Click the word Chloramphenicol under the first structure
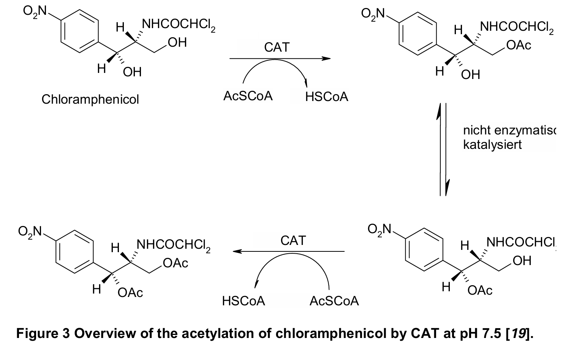click(x=90, y=99)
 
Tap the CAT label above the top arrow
click(x=277, y=47)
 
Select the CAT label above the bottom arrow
click(x=293, y=240)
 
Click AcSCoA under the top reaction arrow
click(x=248, y=96)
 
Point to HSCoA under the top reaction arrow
click(x=326, y=97)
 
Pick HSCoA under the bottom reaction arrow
click(x=243, y=301)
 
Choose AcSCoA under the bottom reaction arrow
click(x=334, y=301)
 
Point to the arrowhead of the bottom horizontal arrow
click(x=237, y=251)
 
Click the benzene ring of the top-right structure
click(x=416, y=33)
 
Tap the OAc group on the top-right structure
click(x=519, y=45)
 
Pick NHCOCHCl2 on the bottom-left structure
click(x=173, y=245)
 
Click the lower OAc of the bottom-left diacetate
click(x=130, y=293)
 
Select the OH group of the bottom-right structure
click(x=522, y=261)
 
